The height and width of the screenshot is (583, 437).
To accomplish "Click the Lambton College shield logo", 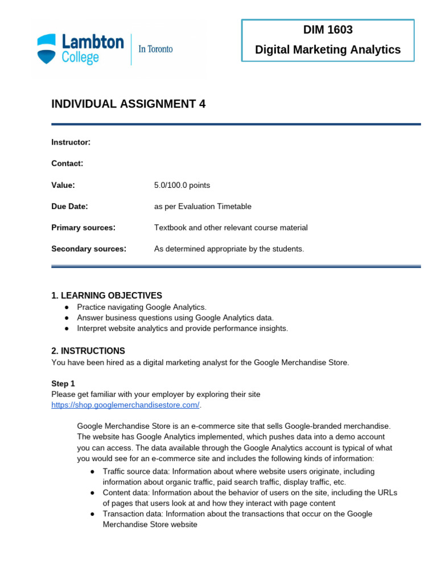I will pyautogui.click(x=47, y=48).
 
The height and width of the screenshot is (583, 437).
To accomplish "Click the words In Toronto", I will pyautogui.click(x=155, y=49).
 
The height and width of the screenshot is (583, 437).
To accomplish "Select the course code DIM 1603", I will pyautogui.click(x=327, y=30).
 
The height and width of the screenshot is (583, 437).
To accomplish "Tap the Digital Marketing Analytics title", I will pyautogui.click(x=328, y=50).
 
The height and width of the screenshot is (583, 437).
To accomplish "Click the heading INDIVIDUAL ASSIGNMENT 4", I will pyautogui.click(x=128, y=104).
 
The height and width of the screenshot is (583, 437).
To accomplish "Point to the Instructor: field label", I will pyautogui.click(x=71, y=142).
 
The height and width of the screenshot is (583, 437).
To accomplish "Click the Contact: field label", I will pyautogui.click(x=67, y=163).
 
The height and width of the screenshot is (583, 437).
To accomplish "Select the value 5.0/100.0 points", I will pyautogui.click(x=182, y=185).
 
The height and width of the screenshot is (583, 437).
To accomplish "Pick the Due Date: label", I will pyautogui.click(x=69, y=206).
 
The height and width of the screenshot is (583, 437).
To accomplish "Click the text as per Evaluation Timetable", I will pyautogui.click(x=203, y=206).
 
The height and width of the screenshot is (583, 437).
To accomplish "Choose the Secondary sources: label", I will pyautogui.click(x=89, y=249).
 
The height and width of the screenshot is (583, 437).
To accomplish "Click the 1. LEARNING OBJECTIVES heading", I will pyautogui.click(x=106, y=295).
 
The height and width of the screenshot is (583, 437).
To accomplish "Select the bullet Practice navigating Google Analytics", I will pyautogui.click(x=142, y=307).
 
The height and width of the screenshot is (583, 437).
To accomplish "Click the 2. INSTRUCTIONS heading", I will pyautogui.click(x=88, y=351).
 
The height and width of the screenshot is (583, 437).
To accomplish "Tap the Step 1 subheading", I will pyautogui.click(x=63, y=384).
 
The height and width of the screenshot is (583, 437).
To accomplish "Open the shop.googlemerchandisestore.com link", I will pyautogui.click(x=125, y=405).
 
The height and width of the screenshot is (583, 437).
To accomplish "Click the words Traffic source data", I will pyautogui.click(x=135, y=471).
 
